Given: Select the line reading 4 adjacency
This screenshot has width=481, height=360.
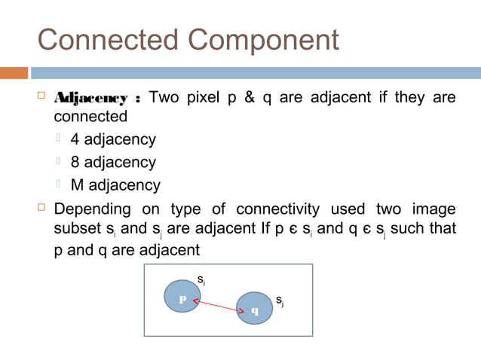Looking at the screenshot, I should coord(113,139).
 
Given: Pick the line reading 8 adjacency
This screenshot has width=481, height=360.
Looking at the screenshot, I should coord(113,162).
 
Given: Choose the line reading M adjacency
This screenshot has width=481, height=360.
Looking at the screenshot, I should coord(115,185).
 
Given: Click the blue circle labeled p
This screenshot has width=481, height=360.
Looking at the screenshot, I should coord(182,297).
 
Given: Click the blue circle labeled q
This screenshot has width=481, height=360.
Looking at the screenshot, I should coord(253,308).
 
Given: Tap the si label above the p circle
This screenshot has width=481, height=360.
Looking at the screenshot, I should coord(201,281).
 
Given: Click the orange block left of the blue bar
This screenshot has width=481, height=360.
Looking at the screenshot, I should coord(14,73).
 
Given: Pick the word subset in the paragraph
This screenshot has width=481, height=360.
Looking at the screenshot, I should coord(76,228).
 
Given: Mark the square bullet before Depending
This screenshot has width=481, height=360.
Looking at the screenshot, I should coord(42,207).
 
